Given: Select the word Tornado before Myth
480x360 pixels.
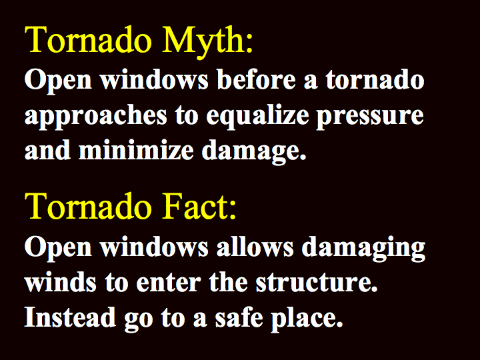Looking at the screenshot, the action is coord(88,39).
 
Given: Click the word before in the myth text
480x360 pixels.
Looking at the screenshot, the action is coord(257,79).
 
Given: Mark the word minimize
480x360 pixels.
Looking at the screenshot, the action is coord(136,150).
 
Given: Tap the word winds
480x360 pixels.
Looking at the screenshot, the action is coord(61,281).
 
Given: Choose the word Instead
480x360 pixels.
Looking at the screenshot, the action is coord(70,317).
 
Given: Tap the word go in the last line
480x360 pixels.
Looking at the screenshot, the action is coord(139,321).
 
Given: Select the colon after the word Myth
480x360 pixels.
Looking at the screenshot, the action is coord(249,44).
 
